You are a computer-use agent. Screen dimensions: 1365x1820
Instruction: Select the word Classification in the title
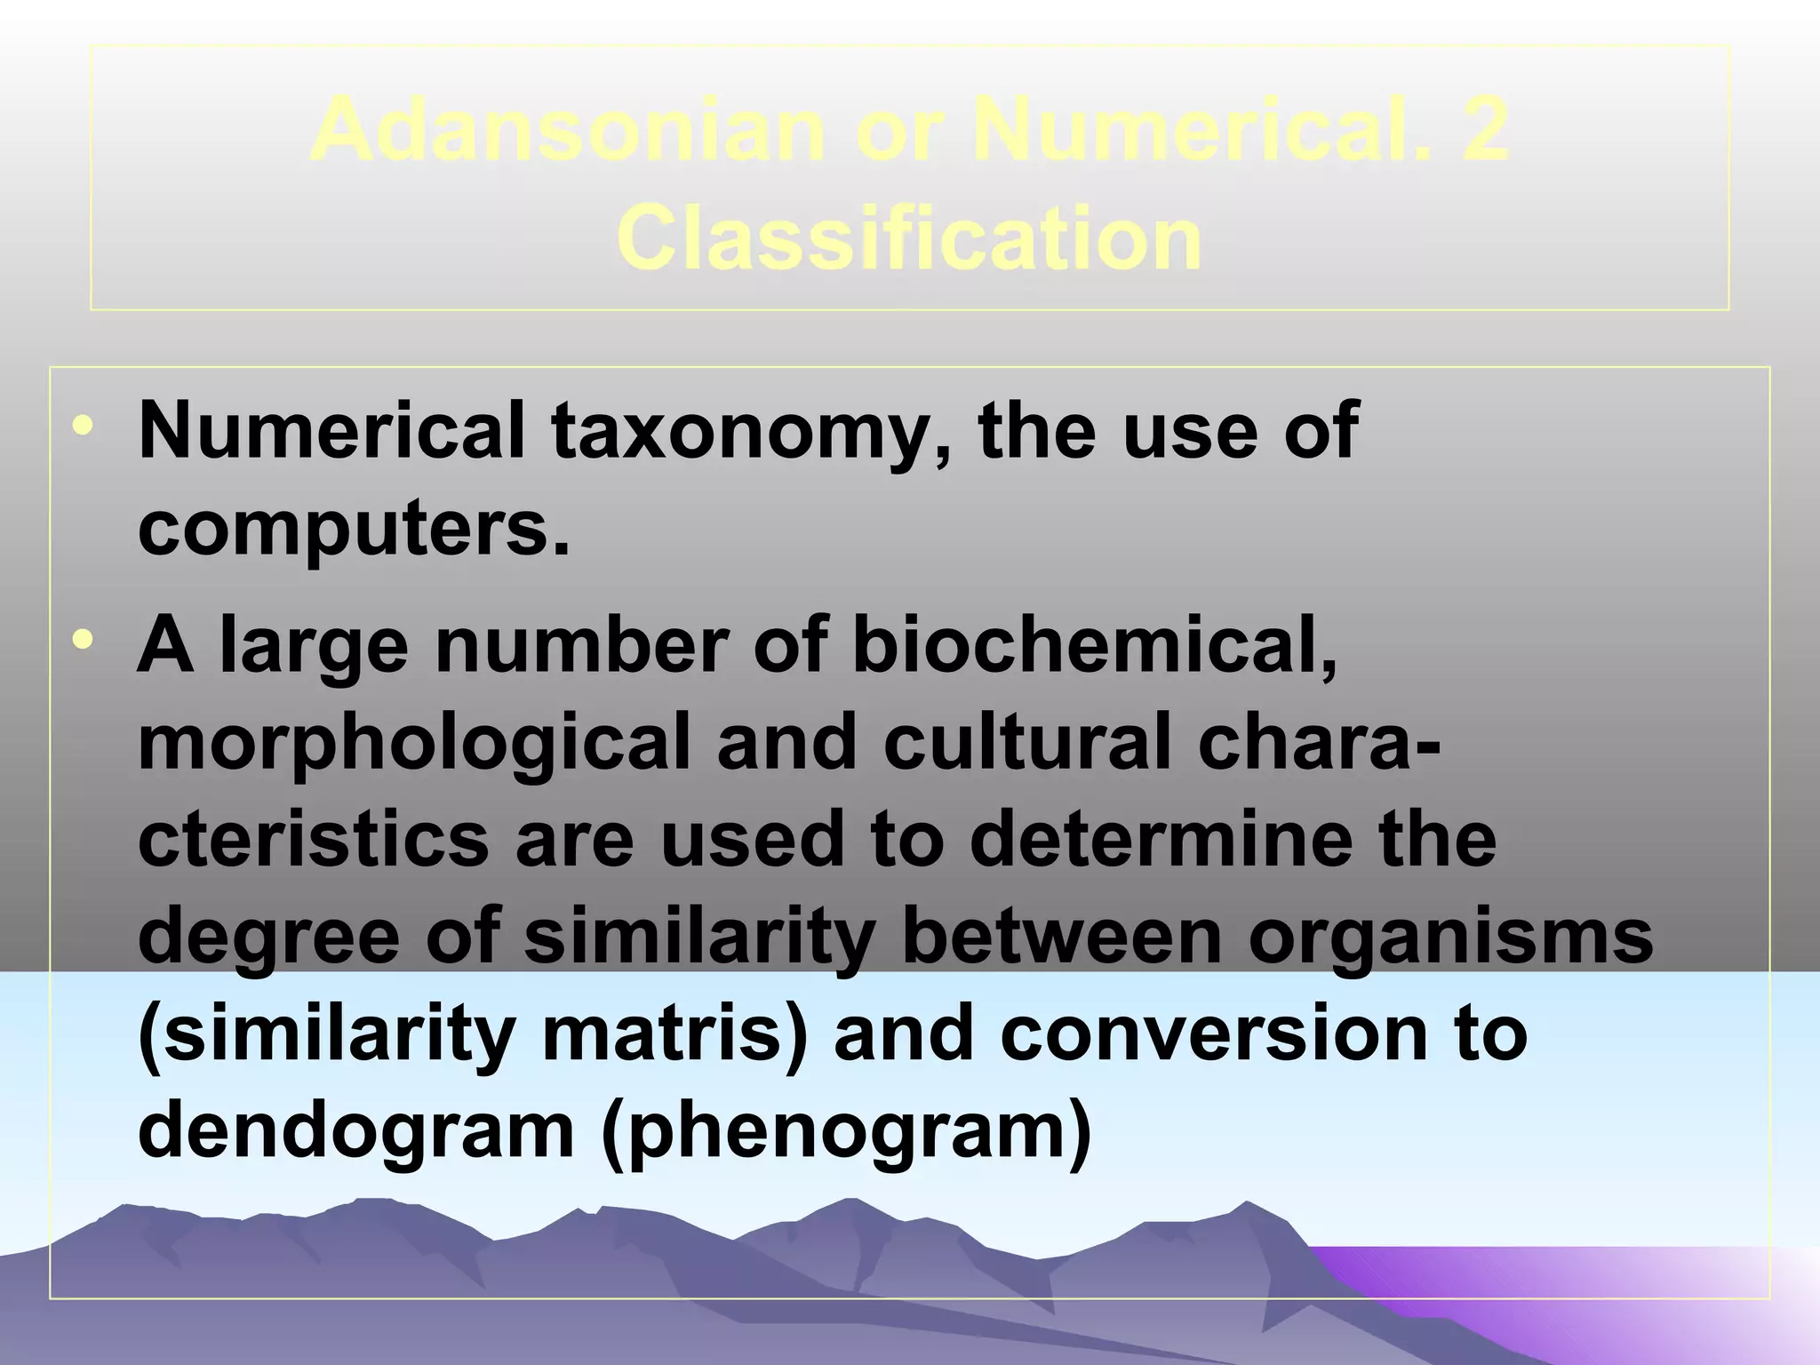[909, 238]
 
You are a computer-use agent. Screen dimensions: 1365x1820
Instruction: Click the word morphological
[414, 744]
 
